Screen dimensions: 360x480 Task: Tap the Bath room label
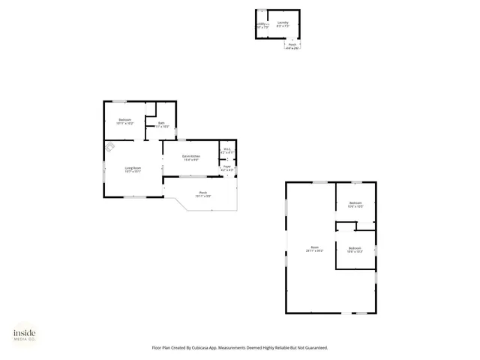pos(161,123)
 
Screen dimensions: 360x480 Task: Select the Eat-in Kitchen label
pos(191,155)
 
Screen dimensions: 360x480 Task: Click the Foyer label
pos(227,166)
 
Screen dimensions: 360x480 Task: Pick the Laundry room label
pos(283,23)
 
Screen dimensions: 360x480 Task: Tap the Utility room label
pos(262,23)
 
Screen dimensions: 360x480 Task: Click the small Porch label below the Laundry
pos(292,44)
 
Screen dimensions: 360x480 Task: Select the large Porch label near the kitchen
pos(202,193)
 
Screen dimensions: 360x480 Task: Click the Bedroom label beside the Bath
pos(125,120)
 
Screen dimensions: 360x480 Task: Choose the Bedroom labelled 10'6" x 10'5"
pos(355,202)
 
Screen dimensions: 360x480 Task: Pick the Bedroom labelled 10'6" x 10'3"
pos(355,248)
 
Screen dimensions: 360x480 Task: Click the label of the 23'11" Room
pos(314,247)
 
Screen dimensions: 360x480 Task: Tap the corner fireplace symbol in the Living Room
pos(110,148)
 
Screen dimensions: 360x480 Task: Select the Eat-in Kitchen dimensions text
pos(191,160)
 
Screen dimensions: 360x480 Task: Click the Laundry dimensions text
pos(283,27)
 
